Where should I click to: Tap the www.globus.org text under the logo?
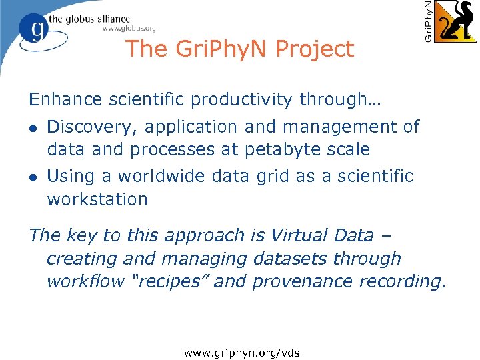click(129, 29)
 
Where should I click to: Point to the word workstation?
click(97, 199)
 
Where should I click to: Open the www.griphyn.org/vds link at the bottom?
click(243, 352)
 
